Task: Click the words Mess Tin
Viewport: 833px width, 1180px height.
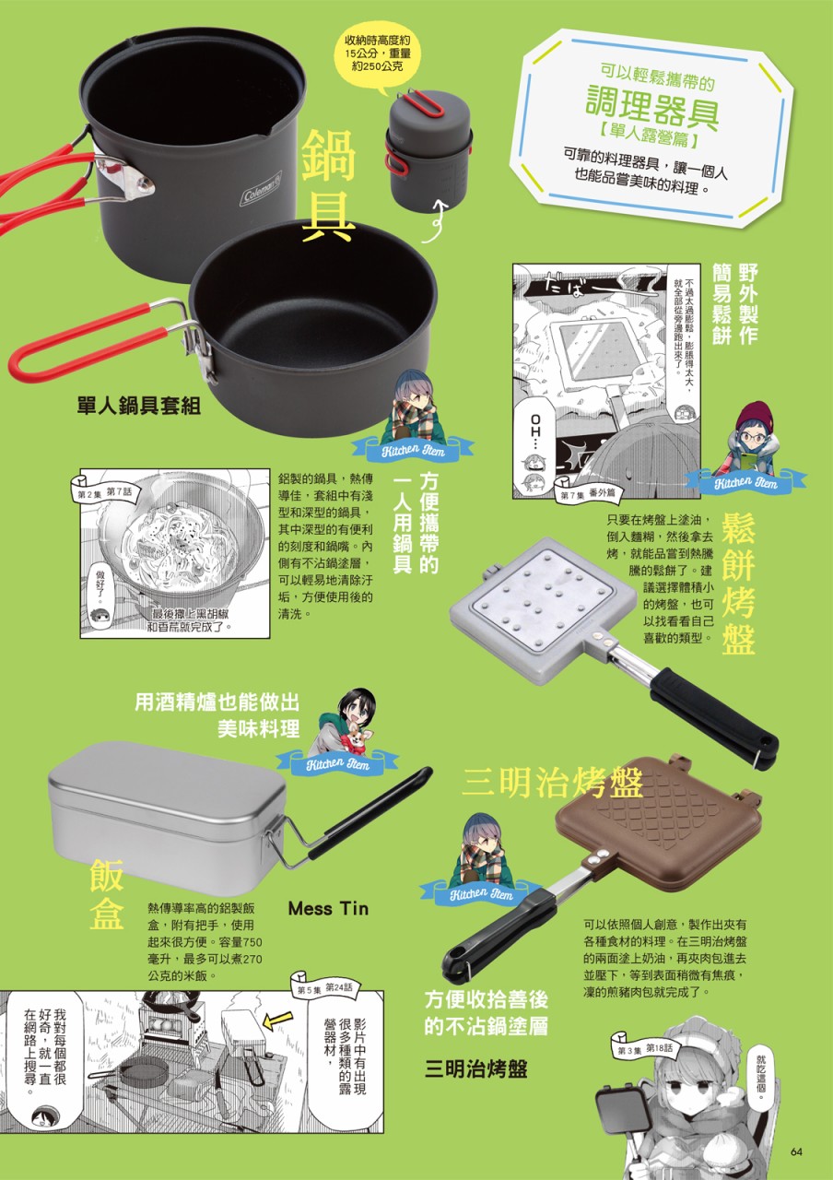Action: point(328,908)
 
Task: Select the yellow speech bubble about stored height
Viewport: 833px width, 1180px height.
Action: point(377,55)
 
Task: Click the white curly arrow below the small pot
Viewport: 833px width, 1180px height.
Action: point(437,220)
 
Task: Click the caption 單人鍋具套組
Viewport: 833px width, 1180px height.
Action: point(139,406)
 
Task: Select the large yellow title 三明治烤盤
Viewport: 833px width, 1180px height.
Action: point(553,783)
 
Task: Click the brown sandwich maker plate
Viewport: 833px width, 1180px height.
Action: point(658,821)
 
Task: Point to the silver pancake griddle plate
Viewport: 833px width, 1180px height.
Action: point(543,599)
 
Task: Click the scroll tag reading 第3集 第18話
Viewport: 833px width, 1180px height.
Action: point(644,1045)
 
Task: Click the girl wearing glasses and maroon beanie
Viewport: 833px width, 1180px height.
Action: point(750,439)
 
